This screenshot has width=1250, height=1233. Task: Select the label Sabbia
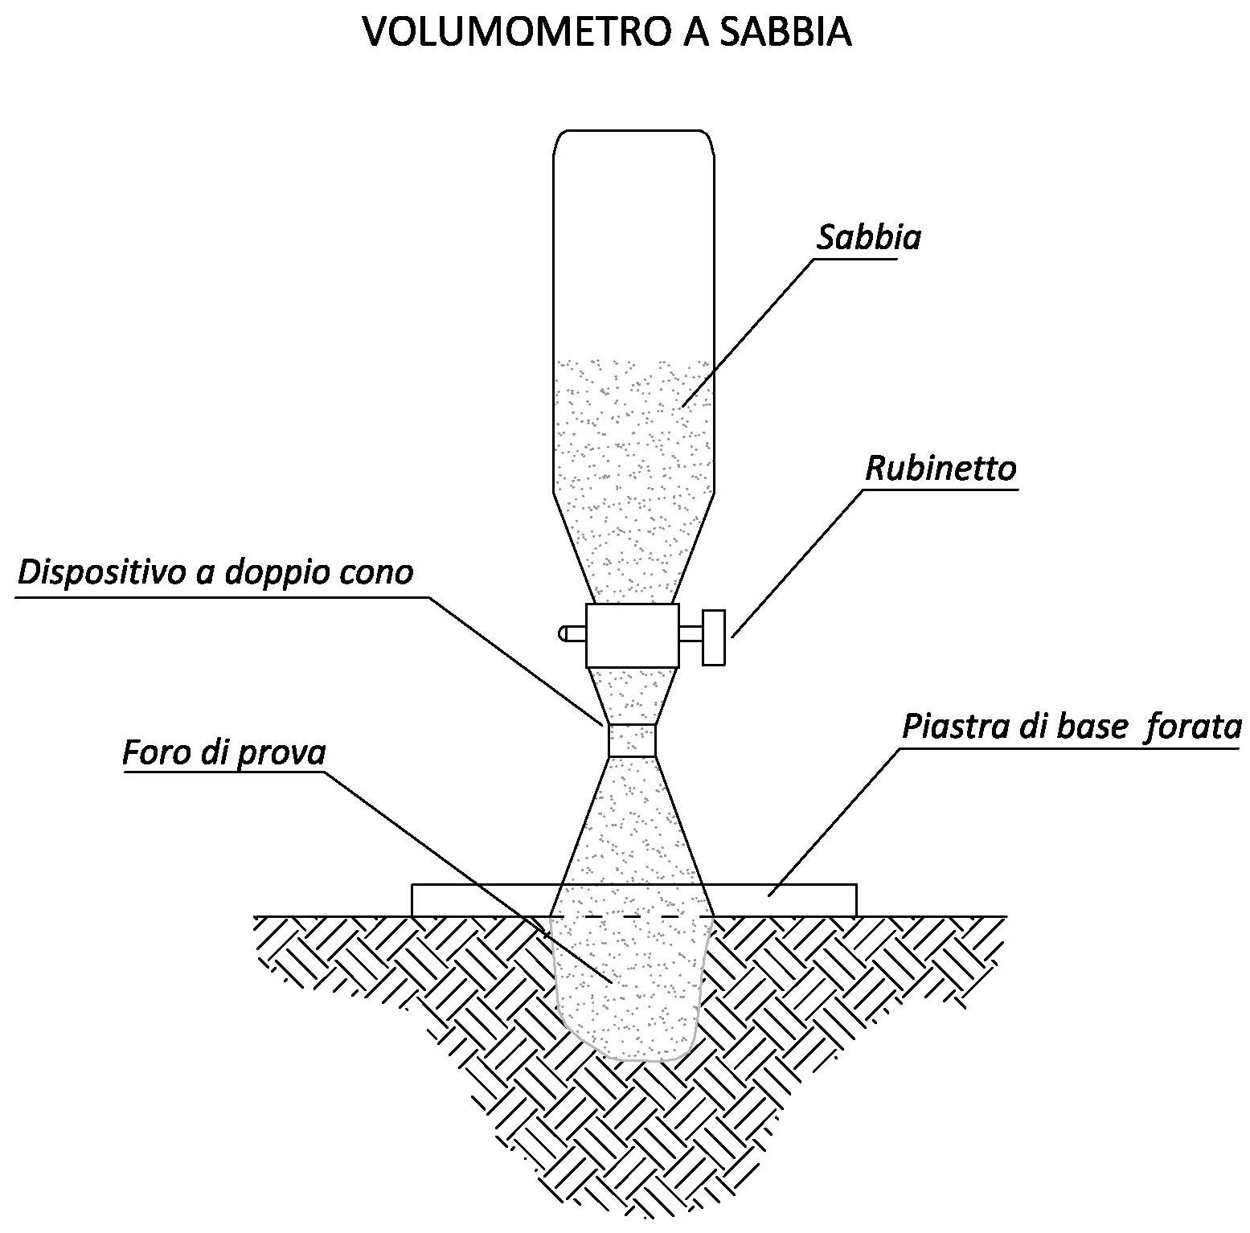869,238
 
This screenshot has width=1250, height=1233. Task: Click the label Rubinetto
941,469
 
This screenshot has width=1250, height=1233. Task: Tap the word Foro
150,753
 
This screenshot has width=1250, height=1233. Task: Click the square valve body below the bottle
632,635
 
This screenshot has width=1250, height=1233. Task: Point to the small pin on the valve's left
572,634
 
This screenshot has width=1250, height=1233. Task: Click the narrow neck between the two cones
632,740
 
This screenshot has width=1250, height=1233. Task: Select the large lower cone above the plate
632,836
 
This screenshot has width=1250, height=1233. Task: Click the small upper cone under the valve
632,696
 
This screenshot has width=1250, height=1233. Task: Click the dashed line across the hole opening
632,916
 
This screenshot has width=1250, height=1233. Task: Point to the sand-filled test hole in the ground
632,989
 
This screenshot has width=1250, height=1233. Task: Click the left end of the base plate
412,900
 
